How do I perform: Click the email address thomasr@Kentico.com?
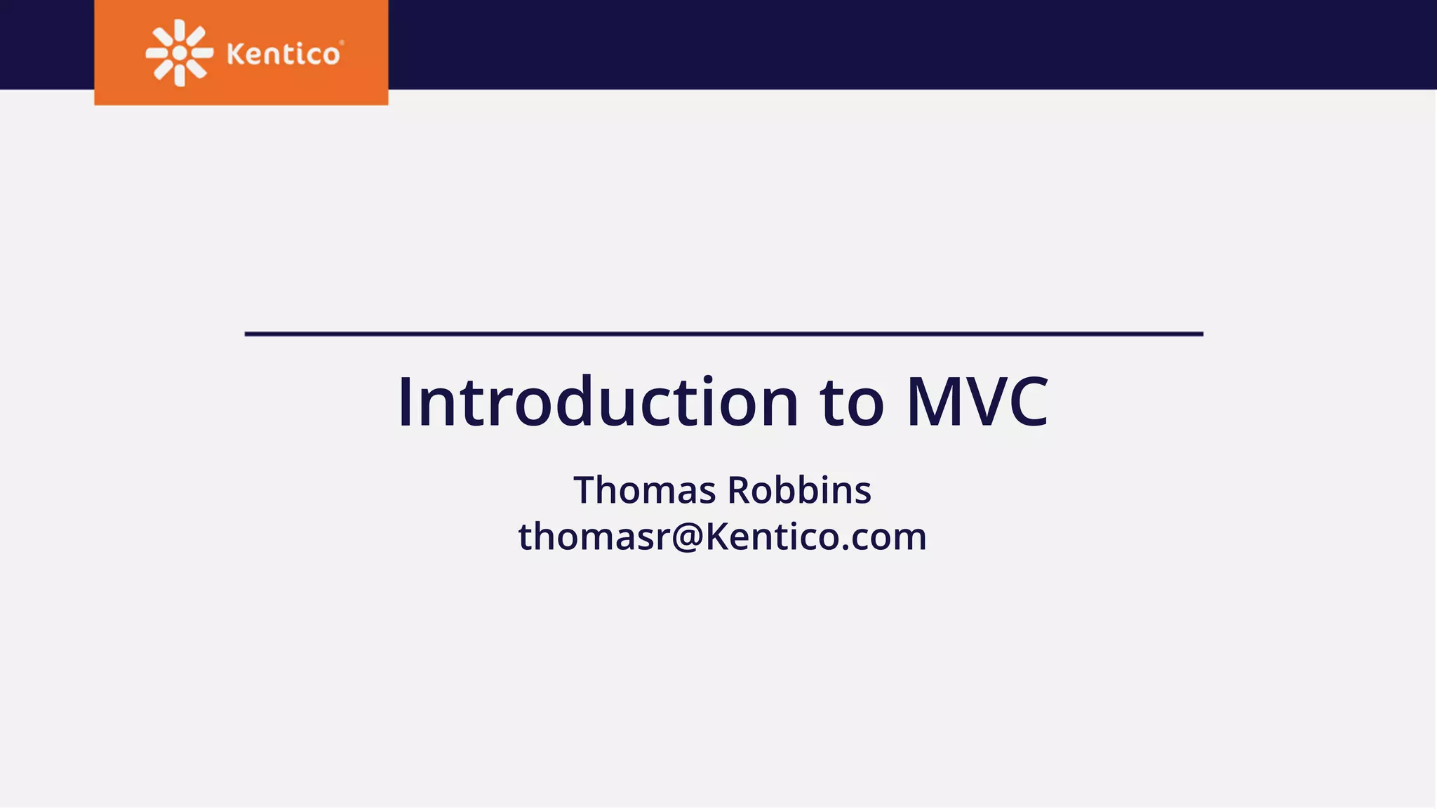(722, 537)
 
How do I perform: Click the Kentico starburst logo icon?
(180, 53)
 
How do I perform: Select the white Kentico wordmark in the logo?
(283, 54)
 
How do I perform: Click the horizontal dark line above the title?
(723, 334)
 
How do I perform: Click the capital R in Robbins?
(741, 490)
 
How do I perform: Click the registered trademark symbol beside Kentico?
(342, 43)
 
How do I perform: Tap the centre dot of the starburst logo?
(180, 53)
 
